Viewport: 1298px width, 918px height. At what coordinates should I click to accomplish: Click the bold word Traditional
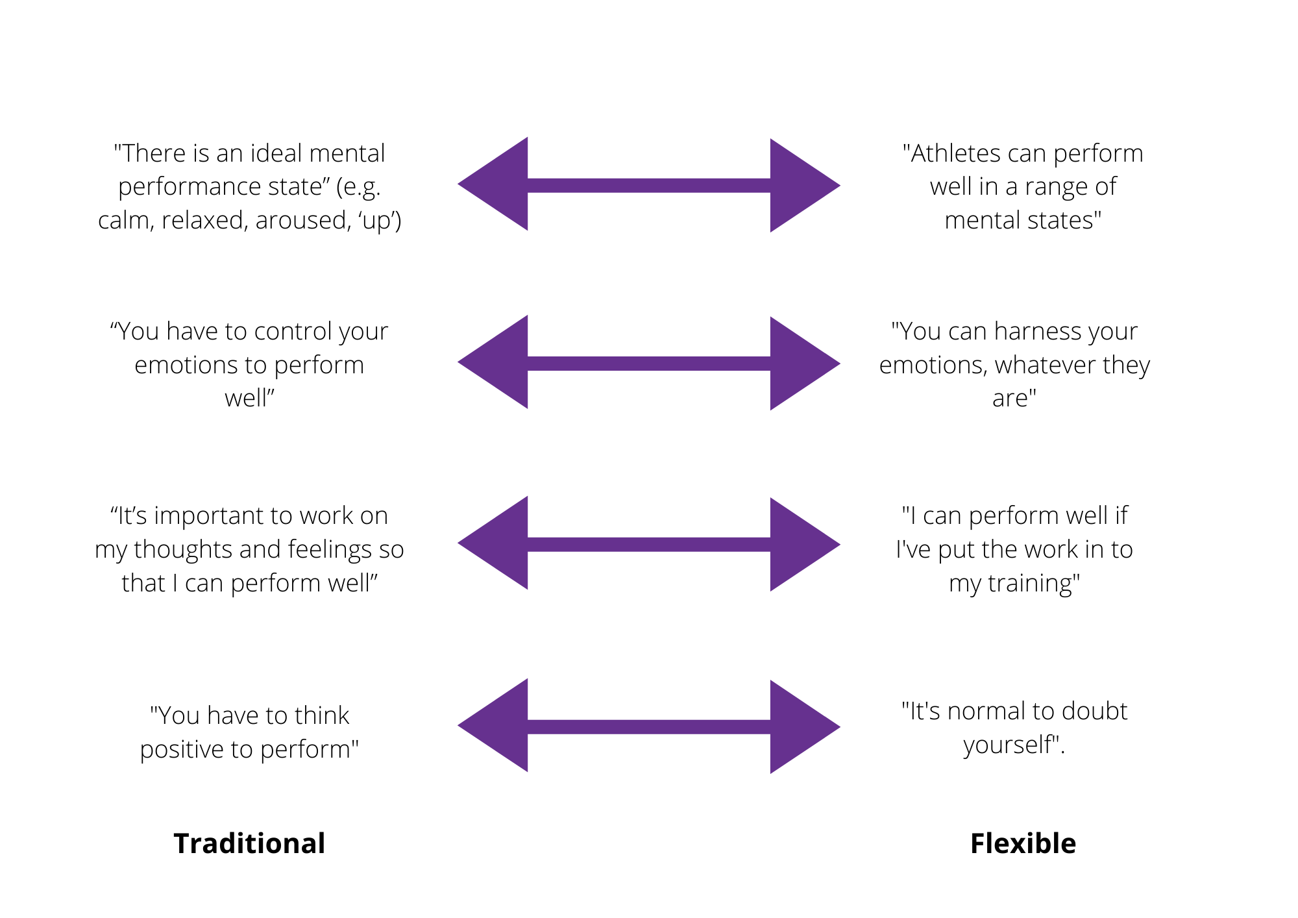tap(249, 843)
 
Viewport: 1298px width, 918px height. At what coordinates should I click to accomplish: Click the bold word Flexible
tap(1023, 843)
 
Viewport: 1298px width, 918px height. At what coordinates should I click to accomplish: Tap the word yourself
tap(1007, 745)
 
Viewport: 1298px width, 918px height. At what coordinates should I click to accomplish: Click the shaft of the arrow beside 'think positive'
tap(649, 726)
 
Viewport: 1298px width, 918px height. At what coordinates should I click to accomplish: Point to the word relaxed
tap(204, 221)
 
